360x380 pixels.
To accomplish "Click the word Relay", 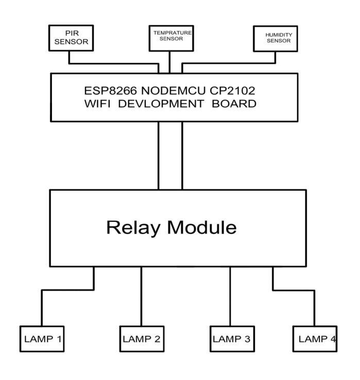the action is (133, 228).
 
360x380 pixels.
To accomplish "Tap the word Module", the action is (202, 227).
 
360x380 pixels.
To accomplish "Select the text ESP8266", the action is (111, 91).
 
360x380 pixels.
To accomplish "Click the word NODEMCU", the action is (174, 91).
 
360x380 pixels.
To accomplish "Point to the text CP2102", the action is (232, 91).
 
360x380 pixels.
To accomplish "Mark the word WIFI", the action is (97, 103).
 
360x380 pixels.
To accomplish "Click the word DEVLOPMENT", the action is (161, 103).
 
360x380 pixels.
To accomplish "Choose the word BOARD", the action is (234, 103).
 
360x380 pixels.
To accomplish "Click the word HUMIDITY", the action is (279, 35).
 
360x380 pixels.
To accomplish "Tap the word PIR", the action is (72, 33).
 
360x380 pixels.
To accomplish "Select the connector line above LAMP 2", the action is (141, 297).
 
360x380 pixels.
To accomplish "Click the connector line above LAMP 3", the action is (230, 297).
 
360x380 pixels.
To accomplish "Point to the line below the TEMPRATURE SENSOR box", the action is (169, 62).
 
